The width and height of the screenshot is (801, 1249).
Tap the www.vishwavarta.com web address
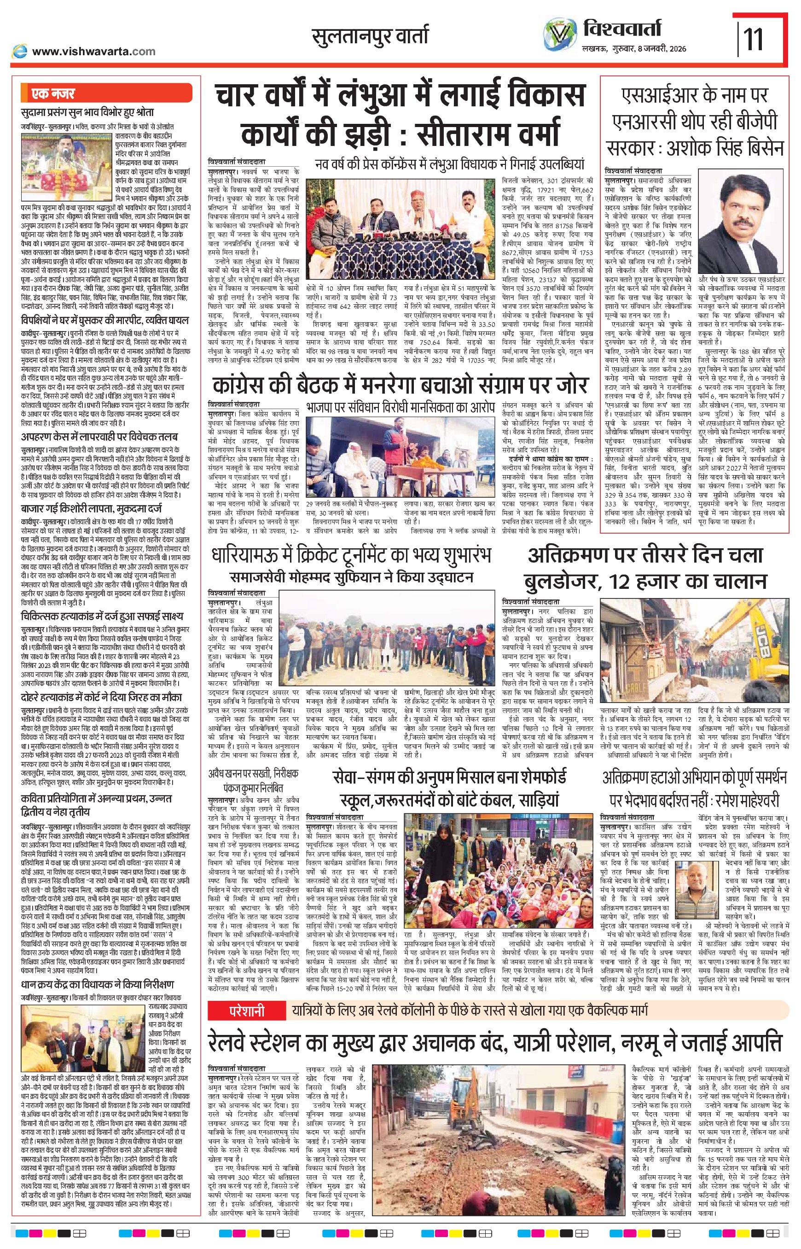click(x=93, y=51)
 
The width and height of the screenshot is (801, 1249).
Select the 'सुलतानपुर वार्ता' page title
click(x=370, y=37)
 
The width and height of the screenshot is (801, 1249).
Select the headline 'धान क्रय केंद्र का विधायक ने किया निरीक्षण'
click(x=98, y=985)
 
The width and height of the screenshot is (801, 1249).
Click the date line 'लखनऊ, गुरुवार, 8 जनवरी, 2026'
click(x=633, y=49)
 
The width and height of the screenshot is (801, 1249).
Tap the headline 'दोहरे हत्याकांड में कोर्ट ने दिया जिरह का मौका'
click(x=102, y=697)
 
